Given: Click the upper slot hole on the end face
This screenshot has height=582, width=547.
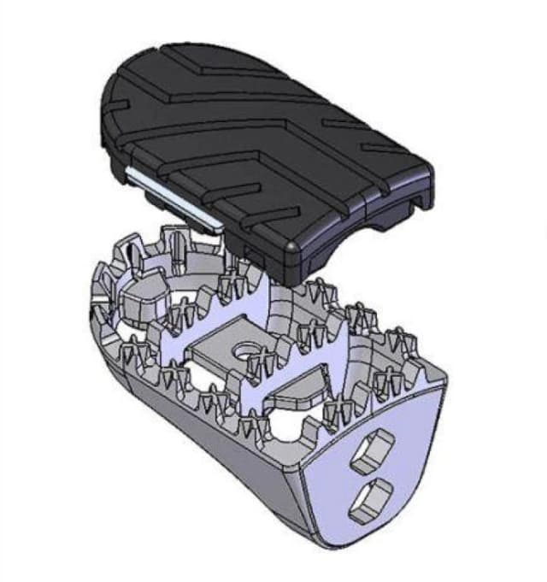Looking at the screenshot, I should pos(373,450).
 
